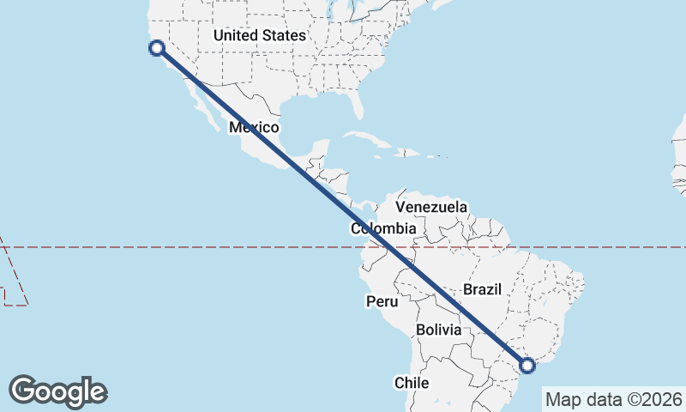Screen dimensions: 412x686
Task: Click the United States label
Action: click(260, 36)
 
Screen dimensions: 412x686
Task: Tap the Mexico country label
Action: click(254, 128)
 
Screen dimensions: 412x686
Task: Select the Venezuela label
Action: click(431, 207)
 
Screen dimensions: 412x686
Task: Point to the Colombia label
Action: click(383, 229)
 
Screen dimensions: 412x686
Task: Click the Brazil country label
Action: click(482, 289)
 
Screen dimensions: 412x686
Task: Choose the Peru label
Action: click(382, 301)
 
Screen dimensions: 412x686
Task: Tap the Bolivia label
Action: click(438, 330)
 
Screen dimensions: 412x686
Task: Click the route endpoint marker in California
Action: click(156, 48)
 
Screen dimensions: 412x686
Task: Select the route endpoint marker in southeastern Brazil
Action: click(527, 367)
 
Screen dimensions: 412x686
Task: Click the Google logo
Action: click(58, 391)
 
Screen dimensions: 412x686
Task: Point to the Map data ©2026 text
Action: click(614, 399)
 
